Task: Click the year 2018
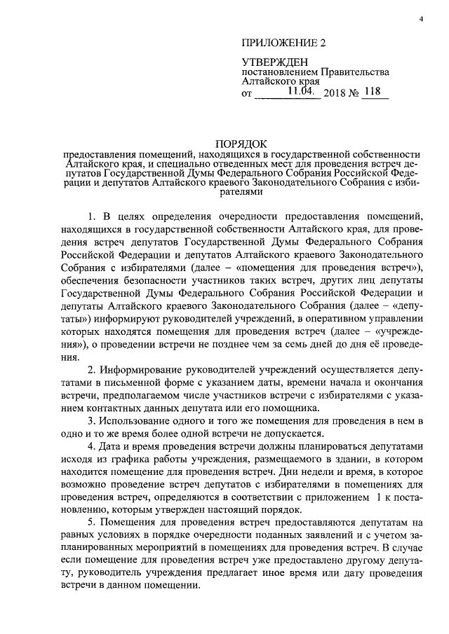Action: tap(338, 92)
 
